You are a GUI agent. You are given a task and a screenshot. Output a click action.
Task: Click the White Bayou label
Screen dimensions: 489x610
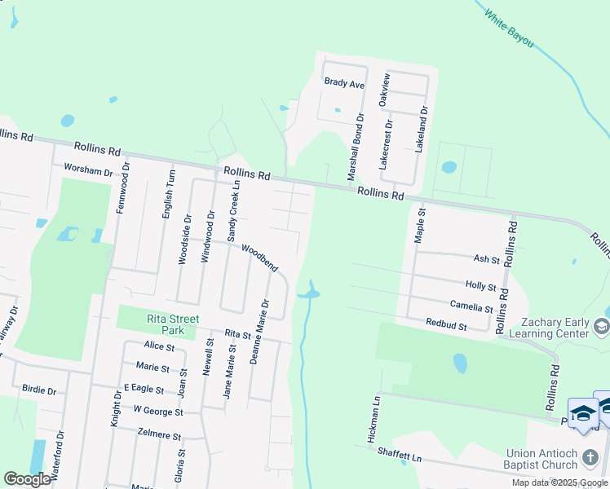[509, 27]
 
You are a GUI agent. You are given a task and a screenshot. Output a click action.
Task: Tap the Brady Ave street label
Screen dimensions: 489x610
[344, 83]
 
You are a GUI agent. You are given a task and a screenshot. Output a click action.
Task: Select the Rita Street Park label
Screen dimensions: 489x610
[171, 325]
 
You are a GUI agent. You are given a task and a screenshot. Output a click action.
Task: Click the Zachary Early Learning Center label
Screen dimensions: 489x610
[548, 328]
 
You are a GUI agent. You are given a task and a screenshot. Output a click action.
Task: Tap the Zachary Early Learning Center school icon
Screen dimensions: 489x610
[602, 327]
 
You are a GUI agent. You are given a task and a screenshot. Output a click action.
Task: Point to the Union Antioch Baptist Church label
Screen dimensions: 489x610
[551, 459]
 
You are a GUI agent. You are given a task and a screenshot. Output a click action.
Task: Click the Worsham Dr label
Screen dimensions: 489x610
[88, 170]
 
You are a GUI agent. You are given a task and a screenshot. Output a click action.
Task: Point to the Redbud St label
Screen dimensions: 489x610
[446, 324]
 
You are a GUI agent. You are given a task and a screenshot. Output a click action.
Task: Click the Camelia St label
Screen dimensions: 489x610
[472, 308]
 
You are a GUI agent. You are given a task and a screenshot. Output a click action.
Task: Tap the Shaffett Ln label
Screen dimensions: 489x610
[399, 457]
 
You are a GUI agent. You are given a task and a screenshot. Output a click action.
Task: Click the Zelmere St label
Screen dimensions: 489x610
[160, 435]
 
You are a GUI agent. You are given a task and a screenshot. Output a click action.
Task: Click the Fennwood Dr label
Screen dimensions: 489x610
[123, 187]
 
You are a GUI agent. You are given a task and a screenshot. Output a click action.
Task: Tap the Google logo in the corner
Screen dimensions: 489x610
[27, 479]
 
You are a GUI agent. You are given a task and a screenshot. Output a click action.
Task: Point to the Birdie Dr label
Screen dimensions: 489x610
[39, 390]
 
